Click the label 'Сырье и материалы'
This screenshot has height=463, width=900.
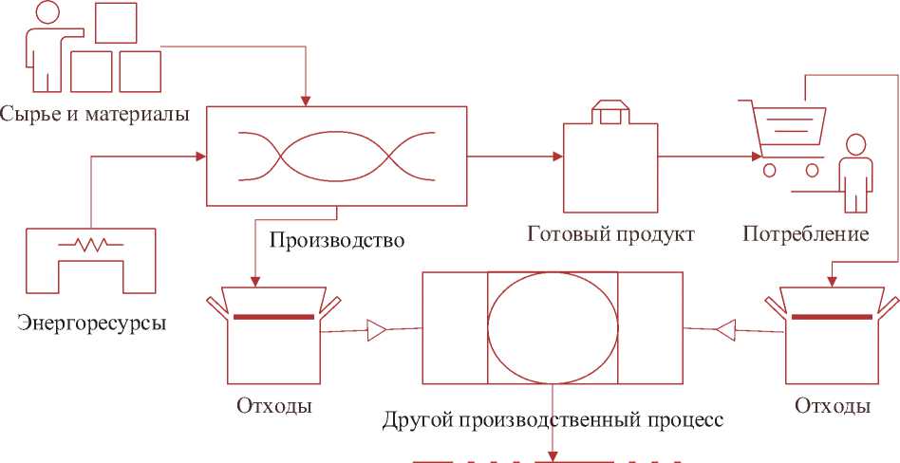coord(95,114)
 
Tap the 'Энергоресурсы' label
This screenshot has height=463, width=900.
coord(92,324)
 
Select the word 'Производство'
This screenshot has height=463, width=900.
coord(337,239)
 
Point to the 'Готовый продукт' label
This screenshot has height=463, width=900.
coord(611,233)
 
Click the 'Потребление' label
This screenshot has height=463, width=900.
coord(806,233)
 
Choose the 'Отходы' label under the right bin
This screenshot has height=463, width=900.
coord(832,407)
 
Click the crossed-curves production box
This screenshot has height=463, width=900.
coord(337,156)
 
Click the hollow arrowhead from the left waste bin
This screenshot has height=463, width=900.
coord(376,330)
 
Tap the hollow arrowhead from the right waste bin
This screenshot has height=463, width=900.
coord(725,329)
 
